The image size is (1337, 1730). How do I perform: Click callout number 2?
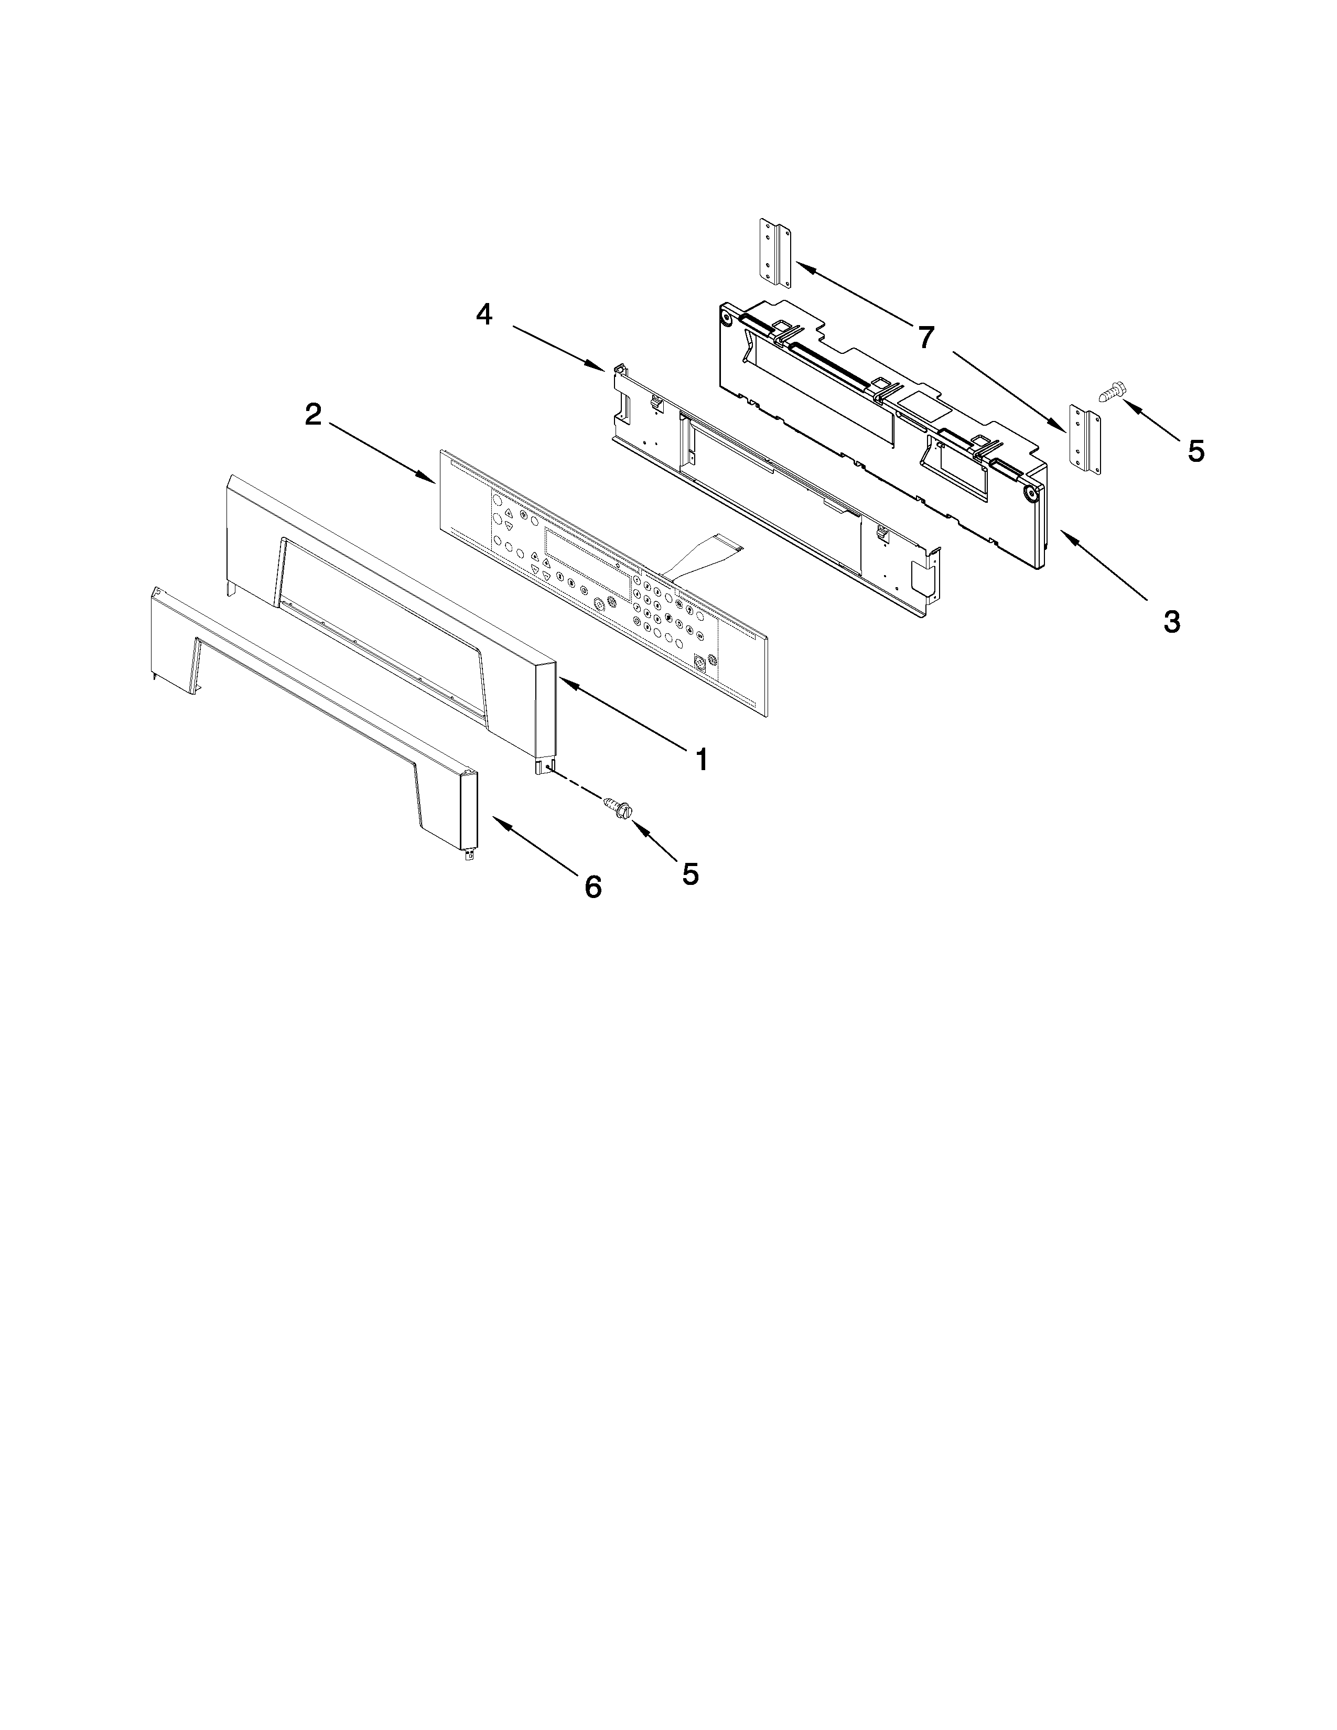coord(314,414)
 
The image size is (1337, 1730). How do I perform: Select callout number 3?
coord(1171,621)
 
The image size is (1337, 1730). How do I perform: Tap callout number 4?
coord(484,315)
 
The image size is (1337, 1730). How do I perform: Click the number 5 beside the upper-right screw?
coord(1196,451)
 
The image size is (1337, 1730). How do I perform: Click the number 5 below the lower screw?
coord(691,874)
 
